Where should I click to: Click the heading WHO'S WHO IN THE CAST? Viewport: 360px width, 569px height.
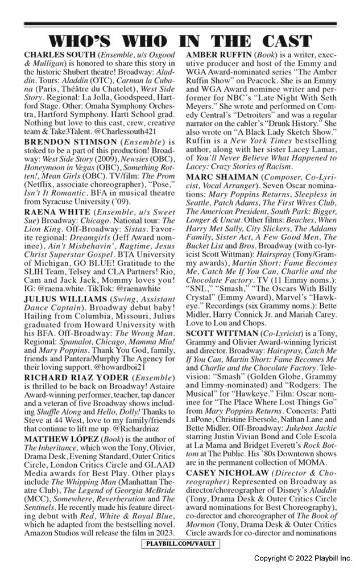pyautogui.click(x=180, y=41)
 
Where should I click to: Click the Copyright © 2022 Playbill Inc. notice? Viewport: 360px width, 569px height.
pyautogui.click(x=303, y=558)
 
